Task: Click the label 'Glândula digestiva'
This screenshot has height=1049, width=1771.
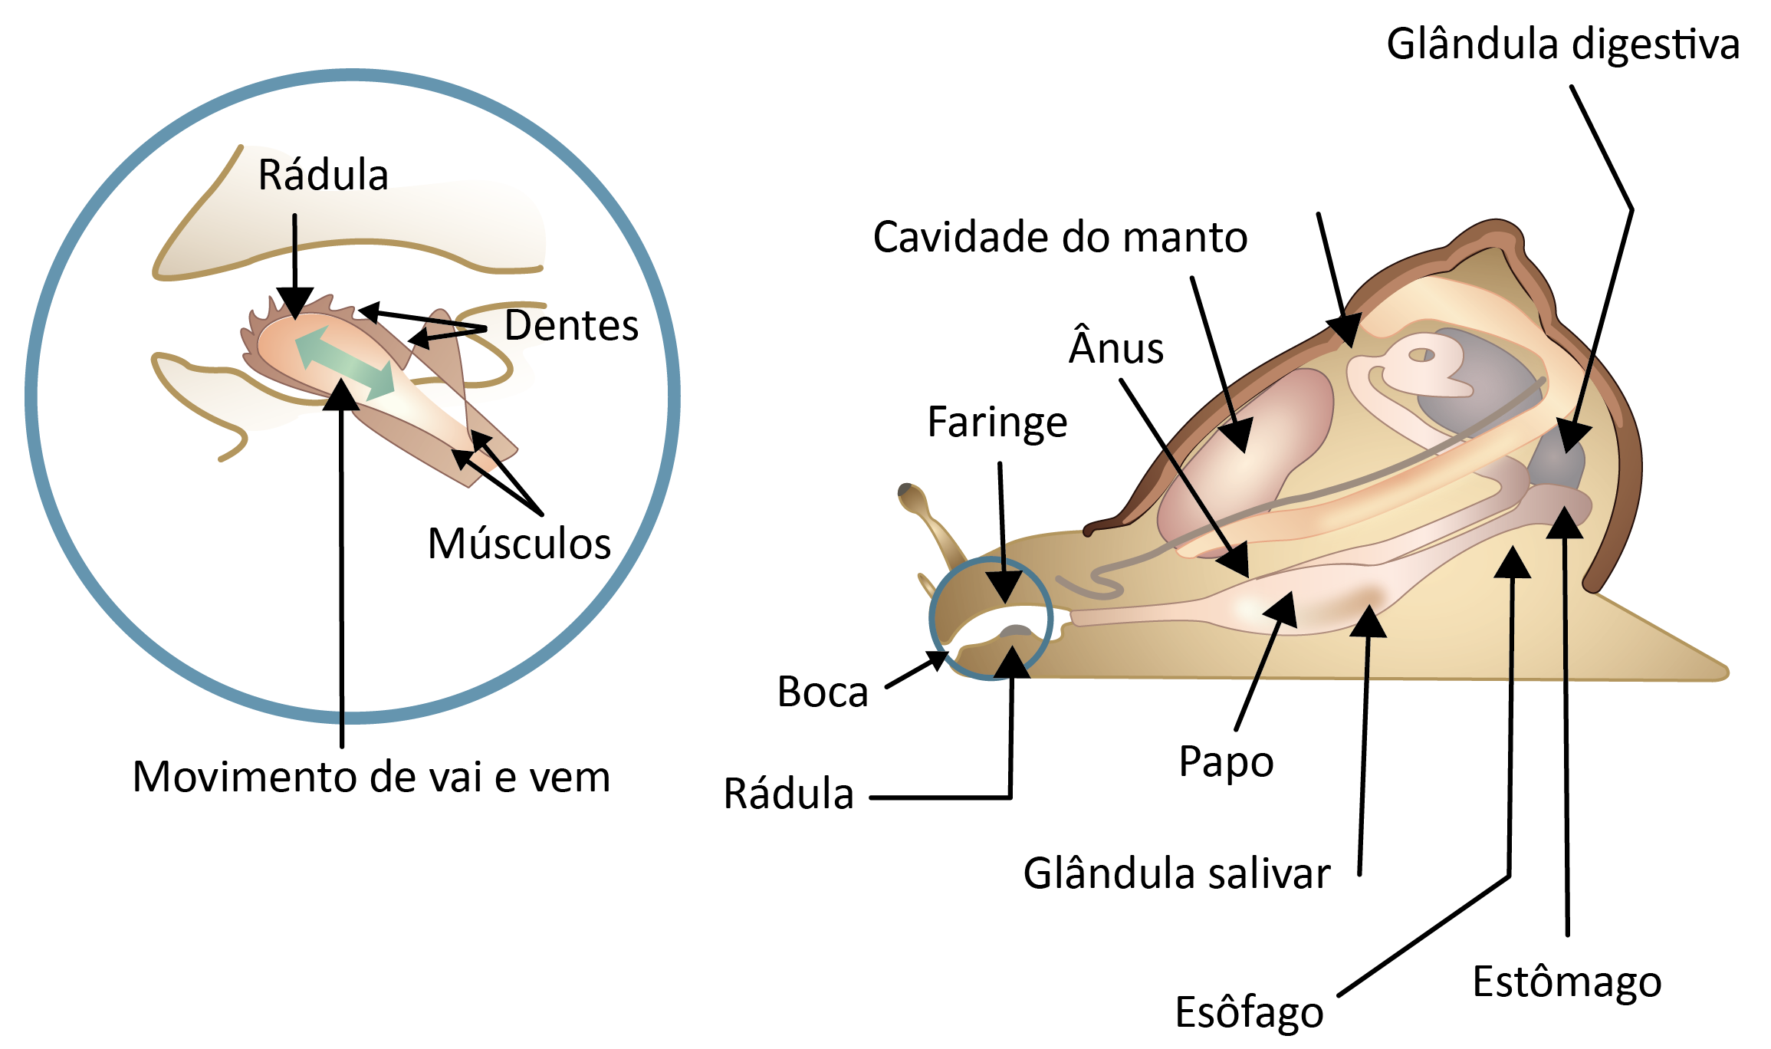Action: coord(1562,44)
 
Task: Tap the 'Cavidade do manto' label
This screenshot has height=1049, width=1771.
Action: coord(1060,237)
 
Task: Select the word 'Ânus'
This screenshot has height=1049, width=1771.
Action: coord(1116,349)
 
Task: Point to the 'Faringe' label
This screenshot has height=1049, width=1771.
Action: coord(997,422)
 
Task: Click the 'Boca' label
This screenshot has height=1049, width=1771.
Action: coord(822,692)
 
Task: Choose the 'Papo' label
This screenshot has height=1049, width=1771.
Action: coord(1226,761)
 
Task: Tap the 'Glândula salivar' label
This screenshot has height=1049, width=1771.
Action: coord(1176,873)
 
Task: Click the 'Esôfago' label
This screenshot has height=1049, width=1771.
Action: coord(1249,1012)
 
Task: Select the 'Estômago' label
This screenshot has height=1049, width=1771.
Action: coord(1566,982)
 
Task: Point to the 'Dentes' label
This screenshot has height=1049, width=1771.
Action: coord(571,326)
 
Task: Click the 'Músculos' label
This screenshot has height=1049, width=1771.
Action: coord(519,544)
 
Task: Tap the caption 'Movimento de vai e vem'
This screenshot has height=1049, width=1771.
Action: coord(371,777)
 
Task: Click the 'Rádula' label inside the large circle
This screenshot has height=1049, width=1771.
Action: coord(323,175)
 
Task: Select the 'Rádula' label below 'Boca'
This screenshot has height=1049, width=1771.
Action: coord(788,794)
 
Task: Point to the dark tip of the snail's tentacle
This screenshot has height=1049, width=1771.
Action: coord(905,490)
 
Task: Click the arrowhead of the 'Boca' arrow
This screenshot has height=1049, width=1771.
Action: coord(940,659)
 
